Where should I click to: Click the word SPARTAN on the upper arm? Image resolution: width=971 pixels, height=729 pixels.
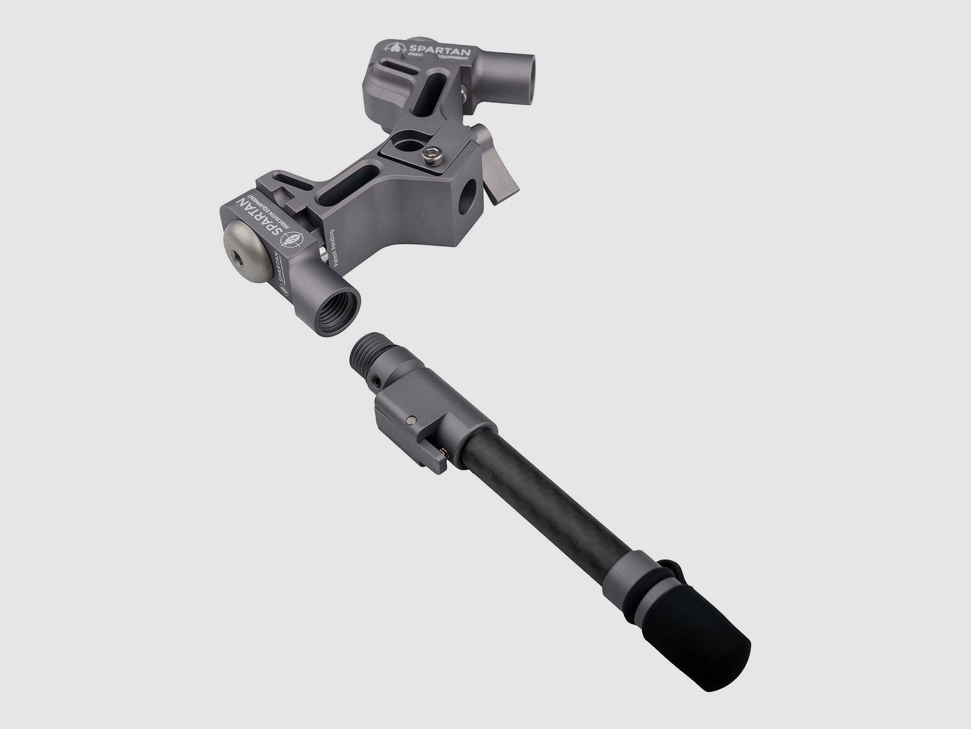[x=439, y=53]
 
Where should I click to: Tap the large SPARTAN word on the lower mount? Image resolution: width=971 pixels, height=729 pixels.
[x=262, y=217]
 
